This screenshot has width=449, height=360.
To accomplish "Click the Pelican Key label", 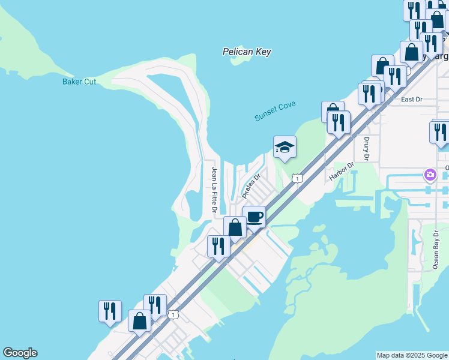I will [x=246, y=52].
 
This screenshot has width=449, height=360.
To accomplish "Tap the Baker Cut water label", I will [x=79, y=82].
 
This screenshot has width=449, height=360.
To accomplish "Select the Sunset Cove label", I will [x=275, y=111].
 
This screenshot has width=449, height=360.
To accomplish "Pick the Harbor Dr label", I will [x=342, y=172].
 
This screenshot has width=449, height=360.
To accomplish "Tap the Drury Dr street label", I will [x=367, y=148].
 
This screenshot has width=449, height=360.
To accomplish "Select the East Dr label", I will [x=412, y=99].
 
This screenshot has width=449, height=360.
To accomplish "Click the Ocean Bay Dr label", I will [x=436, y=249].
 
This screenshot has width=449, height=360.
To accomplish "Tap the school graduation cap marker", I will [x=285, y=147].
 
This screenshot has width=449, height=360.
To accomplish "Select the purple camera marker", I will [x=430, y=175].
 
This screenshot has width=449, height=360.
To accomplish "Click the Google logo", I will [x=20, y=353].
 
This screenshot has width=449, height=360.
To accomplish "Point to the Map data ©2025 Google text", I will [x=411, y=355].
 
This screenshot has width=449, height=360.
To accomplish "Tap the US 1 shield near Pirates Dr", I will [x=297, y=178].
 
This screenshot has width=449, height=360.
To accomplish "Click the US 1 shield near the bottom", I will [x=173, y=314].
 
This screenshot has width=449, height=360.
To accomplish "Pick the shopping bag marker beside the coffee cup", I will [x=235, y=227].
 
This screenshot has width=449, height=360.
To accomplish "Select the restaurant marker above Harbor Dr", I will [x=339, y=122].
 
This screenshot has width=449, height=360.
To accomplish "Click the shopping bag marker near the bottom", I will [x=140, y=321].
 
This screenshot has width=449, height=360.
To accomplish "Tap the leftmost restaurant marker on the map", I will [x=110, y=311].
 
